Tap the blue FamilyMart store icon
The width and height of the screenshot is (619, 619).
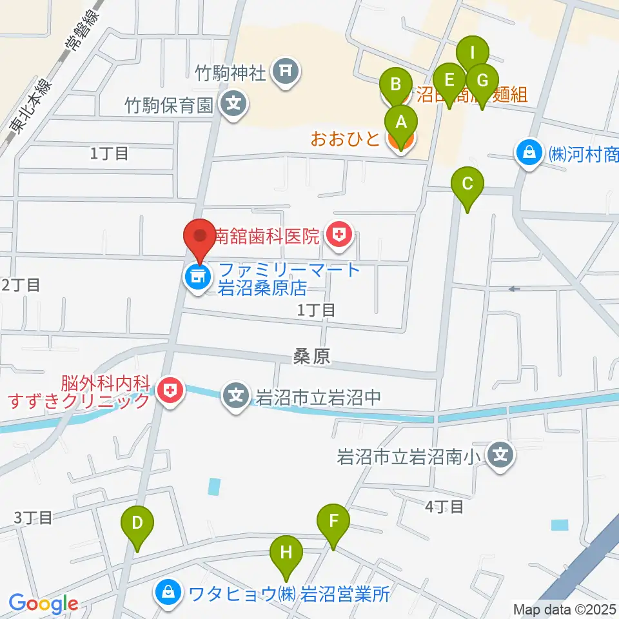pyautogui.click(x=196, y=278)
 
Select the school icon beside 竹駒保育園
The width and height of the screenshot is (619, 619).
pyautogui.click(x=233, y=103)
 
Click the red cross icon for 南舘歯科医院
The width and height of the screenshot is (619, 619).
pyautogui.click(x=338, y=236)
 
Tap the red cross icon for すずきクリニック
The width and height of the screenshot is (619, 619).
pyautogui.click(x=170, y=391)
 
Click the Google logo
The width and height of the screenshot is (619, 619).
pyautogui.click(x=44, y=604)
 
